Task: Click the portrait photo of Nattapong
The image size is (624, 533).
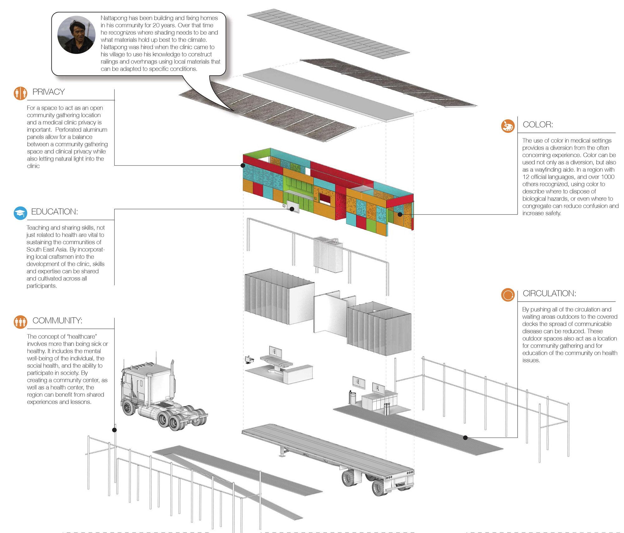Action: [76, 35]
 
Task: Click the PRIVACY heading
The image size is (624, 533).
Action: [49, 92]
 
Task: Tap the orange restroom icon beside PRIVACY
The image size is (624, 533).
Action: [21, 93]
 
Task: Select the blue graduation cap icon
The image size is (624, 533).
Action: [21, 213]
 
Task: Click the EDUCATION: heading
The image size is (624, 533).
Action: [55, 212]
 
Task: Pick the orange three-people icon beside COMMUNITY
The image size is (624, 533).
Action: [21, 322]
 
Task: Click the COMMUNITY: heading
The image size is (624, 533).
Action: [57, 321]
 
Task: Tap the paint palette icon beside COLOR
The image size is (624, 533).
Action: [508, 126]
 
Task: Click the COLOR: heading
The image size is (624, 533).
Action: [538, 125]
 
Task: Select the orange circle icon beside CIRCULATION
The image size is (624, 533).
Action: [508, 295]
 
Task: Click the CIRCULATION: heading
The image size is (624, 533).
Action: [549, 293]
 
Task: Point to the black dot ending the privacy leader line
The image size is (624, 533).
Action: [243, 165]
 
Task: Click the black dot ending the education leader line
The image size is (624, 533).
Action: [292, 209]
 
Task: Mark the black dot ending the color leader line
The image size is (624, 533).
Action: [400, 214]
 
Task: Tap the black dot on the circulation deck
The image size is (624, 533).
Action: [465, 438]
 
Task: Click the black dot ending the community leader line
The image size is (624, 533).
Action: [115, 430]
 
